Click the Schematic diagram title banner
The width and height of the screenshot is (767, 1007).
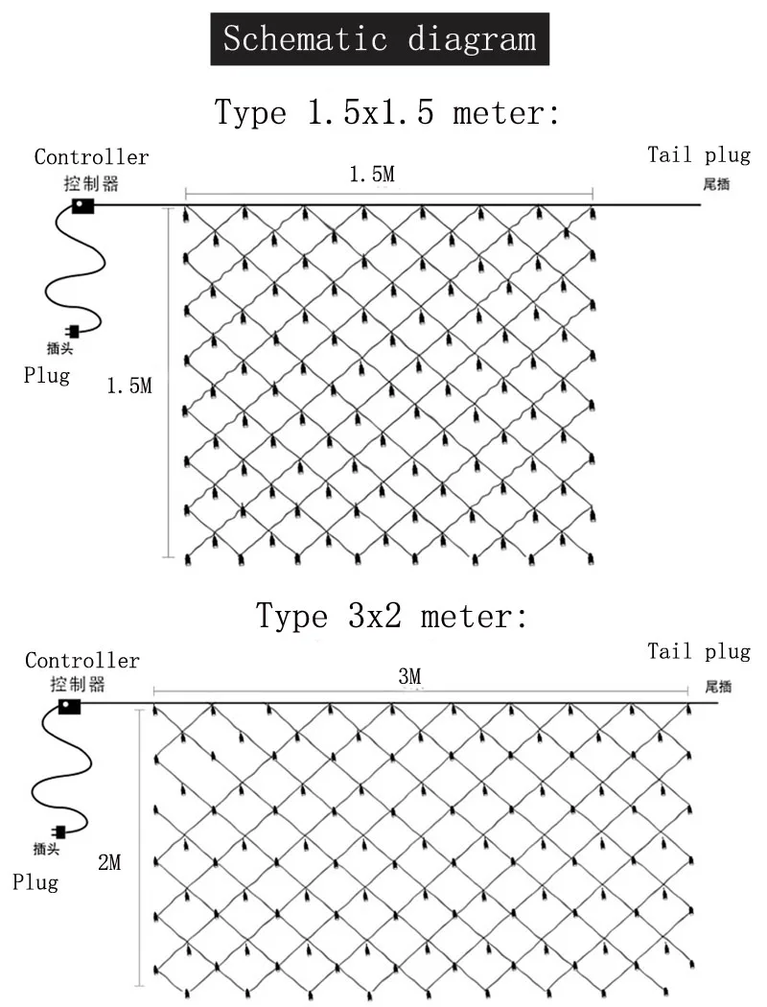(x=379, y=39)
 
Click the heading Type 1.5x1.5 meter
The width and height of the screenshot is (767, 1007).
(x=387, y=112)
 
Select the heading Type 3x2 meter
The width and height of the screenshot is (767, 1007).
(x=391, y=615)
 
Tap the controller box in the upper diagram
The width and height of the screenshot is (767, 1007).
(x=83, y=204)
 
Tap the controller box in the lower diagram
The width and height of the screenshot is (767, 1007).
(x=69, y=706)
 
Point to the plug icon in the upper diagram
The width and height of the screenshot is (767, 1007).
(x=72, y=332)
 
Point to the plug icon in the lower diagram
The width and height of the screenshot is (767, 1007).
(x=59, y=831)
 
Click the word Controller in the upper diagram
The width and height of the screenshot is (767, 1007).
(x=91, y=156)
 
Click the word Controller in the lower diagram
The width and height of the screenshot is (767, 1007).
(x=82, y=661)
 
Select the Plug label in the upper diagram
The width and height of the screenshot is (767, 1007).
(x=47, y=375)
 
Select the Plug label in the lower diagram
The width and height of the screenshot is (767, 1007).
(x=35, y=881)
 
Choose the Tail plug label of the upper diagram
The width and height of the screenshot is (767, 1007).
(x=699, y=155)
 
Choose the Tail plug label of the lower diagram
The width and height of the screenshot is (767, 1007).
(x=699, y=652)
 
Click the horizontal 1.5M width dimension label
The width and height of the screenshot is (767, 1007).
(x=371, y=175)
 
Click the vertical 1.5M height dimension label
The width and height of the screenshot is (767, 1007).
(x=129, y=386)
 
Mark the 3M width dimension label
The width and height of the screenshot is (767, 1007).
(x=409, y=677)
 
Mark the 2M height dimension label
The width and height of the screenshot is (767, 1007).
(x=109, y=862)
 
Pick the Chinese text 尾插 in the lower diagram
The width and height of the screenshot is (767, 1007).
(x=718, y=686)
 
